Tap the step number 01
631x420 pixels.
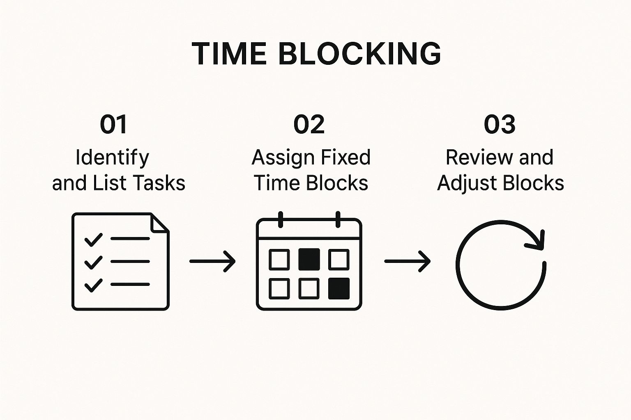[x=114, y=124]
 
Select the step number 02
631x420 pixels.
[x=309, y=124]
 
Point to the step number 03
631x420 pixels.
[x=500, y=124]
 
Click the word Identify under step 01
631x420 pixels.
[x=112, y=158]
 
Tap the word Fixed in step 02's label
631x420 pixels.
[x=346, y=157]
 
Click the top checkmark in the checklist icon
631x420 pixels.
[x=93, y=239]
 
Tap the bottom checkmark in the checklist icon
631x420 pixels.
[x=93, y=285]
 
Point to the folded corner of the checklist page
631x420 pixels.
[x=159, y=223]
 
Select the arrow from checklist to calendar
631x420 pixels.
[x=212, y=261]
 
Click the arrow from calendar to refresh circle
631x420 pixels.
[x=407, y=261]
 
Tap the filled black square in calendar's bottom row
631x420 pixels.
[x=339, y=288]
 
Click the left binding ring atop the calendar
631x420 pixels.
[x=281, y=219]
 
